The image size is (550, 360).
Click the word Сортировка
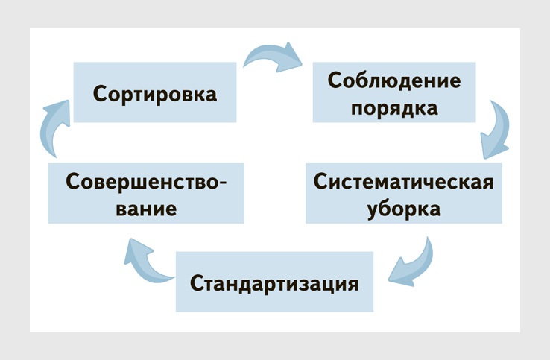coord(154,95)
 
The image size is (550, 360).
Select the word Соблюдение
coord(394,80)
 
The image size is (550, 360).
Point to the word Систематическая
coord(404,183)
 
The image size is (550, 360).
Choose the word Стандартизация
coord(274,284)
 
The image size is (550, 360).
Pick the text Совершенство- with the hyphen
coord(146,181)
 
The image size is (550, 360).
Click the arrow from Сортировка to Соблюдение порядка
coord(274,57)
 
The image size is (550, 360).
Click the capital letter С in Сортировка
coord(100,95)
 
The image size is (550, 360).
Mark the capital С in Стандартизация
coord(197,284)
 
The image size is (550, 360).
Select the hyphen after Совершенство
coord(223,183)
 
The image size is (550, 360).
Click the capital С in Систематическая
coord(320,183)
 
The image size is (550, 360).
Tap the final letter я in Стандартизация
coord(353,285)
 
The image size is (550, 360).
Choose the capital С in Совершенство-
coord(72,181)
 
